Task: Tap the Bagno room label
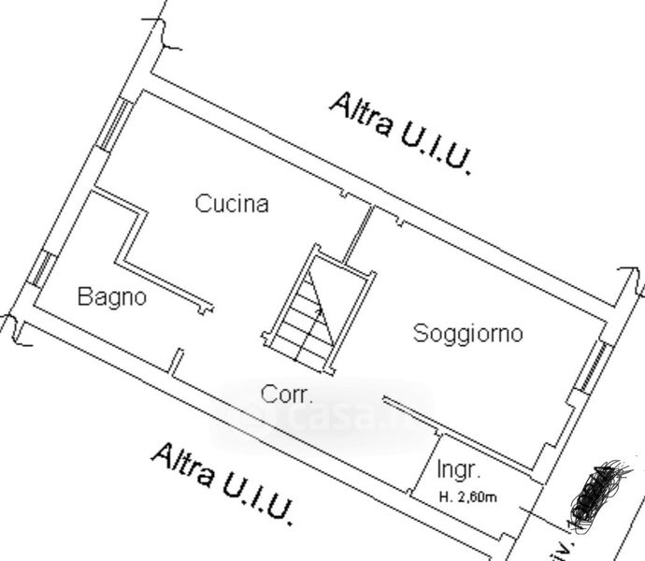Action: (x=112, y=297)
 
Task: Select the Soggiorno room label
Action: (x=467, y=333)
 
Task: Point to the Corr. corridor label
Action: (x=287, y=395)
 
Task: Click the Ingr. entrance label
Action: (x=458, y=469)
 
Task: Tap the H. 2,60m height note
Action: (x=467, y=496)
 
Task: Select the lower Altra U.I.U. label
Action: (x=224, y=482)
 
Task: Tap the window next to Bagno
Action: (x=41, y=269)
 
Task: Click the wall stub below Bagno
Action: (x=177, y=362)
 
